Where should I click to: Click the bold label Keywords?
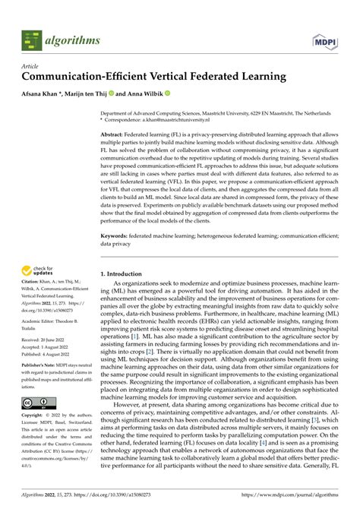click(119, 236)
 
